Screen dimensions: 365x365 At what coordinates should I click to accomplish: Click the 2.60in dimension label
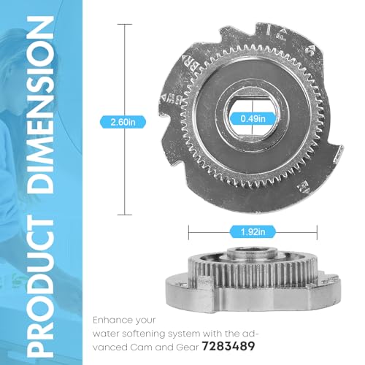(x=123, y=122)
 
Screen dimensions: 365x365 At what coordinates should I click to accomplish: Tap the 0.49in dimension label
(x=253, y=119)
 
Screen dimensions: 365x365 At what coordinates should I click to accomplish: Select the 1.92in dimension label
(x=253, y=231)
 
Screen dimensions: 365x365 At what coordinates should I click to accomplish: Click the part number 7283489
(x=228, y=346)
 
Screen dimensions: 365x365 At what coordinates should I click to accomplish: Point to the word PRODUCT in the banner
(x=40, y=288)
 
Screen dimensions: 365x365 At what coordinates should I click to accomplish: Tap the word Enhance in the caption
(x=112, y=320)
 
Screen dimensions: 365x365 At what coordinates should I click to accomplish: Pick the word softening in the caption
(x=145, y=334)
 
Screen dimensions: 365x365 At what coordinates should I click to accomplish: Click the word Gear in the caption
(x=187, y=347)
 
